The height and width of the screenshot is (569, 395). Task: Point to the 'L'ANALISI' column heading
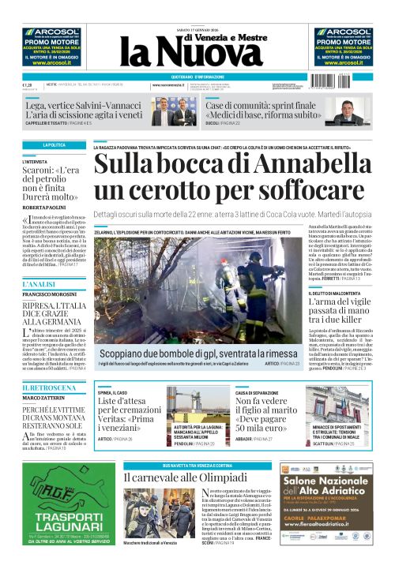tap(39, 283)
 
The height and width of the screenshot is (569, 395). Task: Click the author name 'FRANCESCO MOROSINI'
tap(48, 295)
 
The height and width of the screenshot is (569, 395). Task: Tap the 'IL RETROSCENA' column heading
tap(49, 387)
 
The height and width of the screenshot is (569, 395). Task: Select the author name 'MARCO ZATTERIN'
tap(43, 399)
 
